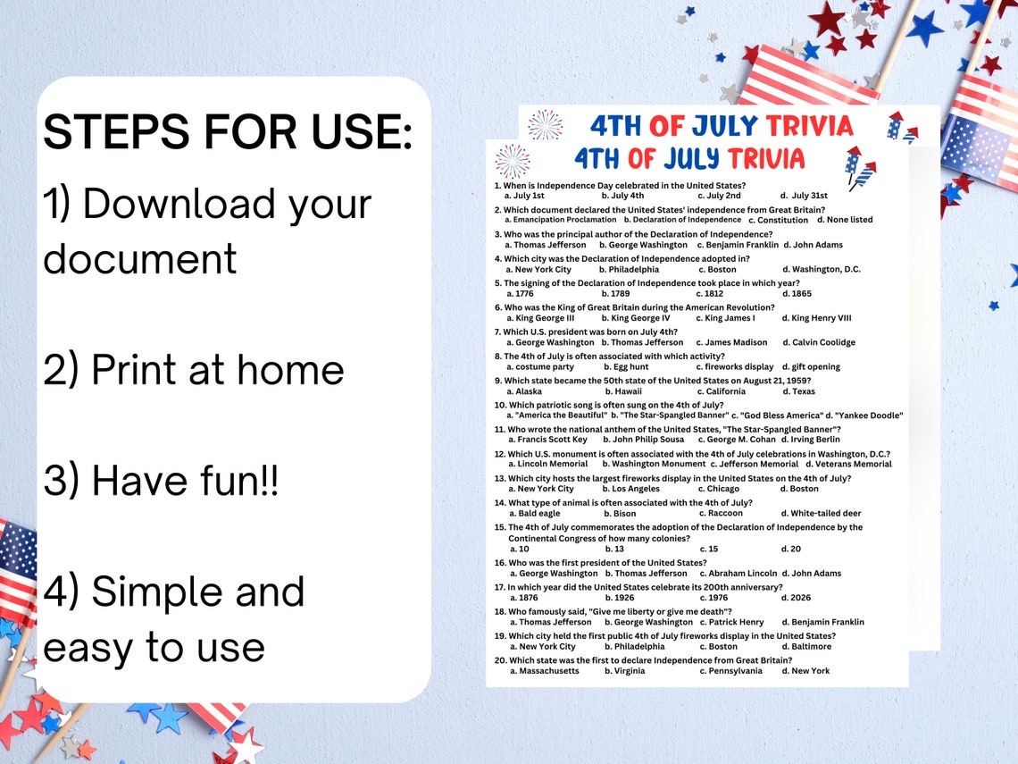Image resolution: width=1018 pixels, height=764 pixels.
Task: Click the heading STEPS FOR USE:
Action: point(228,132)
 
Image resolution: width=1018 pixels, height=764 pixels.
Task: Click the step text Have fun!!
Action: point(161,482)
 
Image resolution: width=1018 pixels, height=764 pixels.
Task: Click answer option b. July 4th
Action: point(622,196)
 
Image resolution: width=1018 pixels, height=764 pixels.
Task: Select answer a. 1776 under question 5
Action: point(520,294)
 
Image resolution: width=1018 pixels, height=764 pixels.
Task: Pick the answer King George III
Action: point(540,318)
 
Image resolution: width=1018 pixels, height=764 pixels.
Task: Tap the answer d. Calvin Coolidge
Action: point(819,342)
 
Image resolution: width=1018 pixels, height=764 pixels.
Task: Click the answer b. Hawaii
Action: point(623,391)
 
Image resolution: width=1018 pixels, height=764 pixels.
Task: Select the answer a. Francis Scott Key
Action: point(548,440)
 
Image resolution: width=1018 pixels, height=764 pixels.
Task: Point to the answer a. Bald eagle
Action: point(535,514)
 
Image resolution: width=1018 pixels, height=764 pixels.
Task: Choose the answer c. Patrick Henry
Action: point(731,622)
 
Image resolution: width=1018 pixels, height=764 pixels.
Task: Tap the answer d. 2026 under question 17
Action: point(797,598)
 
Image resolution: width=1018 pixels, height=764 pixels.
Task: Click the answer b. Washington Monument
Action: point(654,465)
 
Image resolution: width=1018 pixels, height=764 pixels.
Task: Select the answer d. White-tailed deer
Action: point(821,514)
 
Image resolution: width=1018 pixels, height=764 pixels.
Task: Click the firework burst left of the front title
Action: point(513,161)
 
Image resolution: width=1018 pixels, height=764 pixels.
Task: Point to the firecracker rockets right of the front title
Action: point(860,168)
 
